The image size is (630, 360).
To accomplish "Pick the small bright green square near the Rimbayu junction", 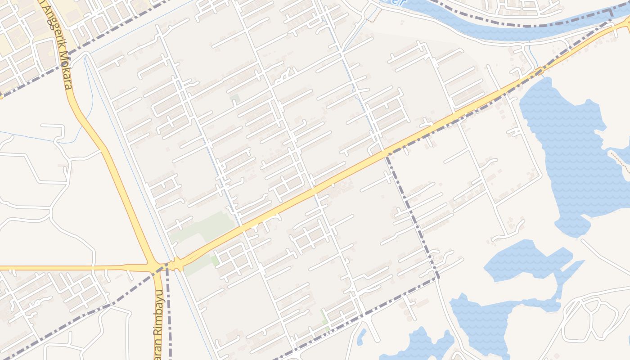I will (x=215, y=260).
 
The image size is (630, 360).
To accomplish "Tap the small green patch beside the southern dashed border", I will (x=324, y=317).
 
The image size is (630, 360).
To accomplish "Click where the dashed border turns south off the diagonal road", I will (x=386, y=156).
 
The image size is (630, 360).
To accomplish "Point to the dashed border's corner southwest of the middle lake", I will (x=437, y=278).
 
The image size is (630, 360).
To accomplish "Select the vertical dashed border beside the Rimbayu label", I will (x=169, y=315).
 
